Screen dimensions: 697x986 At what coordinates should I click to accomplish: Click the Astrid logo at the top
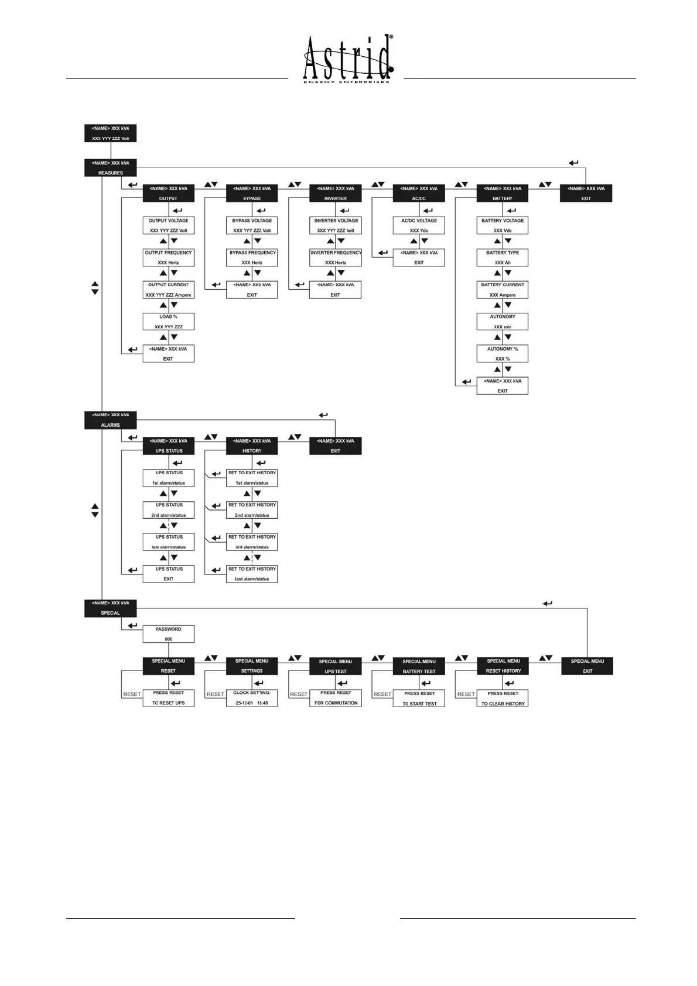click(348, 59)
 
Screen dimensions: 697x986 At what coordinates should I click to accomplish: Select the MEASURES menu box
click(110, 167)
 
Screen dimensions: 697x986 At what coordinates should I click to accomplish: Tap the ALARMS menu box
click(110, 420)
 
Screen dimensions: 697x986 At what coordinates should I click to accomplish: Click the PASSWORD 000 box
click(169, 634)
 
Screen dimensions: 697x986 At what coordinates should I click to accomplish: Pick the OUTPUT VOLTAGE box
click(169, 225)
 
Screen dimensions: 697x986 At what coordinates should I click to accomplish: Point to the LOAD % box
click(169, 321)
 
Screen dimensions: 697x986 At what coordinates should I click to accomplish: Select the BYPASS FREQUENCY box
click(252, 258)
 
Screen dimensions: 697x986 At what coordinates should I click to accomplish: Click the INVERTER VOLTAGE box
click(336, 225)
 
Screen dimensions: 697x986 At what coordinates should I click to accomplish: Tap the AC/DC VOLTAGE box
click(419, 225)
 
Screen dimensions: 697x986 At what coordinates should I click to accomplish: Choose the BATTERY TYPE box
click(503, 258)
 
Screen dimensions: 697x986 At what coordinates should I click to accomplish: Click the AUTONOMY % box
click(503, 354)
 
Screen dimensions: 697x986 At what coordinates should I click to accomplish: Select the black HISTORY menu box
click(252, 446)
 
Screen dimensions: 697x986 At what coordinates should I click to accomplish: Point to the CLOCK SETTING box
click(252, 698)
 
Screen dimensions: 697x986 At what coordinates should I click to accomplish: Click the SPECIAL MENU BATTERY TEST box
click(419, 666)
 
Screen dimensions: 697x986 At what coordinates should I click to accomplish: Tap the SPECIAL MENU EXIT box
click(587, 666)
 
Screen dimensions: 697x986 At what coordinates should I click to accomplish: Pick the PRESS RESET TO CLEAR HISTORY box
click(503, 698)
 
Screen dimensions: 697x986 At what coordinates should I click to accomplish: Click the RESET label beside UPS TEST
click(299, 694)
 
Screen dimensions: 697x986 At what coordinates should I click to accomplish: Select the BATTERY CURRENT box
click(503, 290)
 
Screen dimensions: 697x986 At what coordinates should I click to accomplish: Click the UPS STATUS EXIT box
click(169, 574)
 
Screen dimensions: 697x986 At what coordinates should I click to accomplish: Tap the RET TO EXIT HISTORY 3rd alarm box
click(252, 542)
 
